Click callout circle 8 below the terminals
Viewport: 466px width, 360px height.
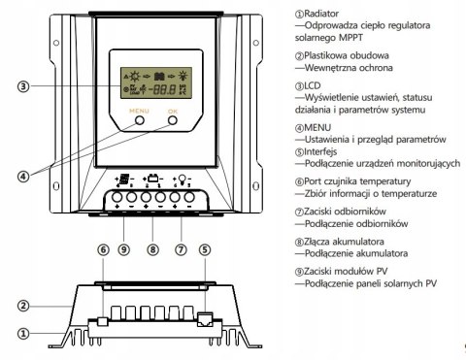[151, 249]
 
